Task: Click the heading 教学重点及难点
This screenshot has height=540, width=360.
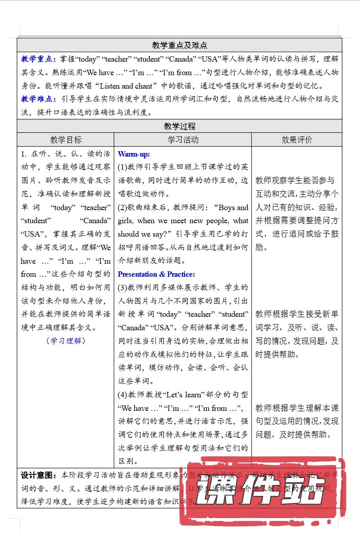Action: point(180,45)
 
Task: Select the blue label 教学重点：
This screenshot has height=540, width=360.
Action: point(39,59)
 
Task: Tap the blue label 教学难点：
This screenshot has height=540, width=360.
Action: point(39,99)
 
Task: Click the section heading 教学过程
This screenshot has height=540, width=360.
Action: point(180,126)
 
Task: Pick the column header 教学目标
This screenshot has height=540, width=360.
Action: point(66,140)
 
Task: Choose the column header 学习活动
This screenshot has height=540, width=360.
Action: point(183,140)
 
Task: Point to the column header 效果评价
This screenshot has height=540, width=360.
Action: point(297,140)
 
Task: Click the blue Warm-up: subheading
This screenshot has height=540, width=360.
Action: point(134,154)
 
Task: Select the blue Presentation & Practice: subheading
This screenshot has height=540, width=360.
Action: point(157,274)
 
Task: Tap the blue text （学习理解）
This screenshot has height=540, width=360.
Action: point(66,341)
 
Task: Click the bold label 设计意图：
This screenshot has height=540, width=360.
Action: point(39,475)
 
